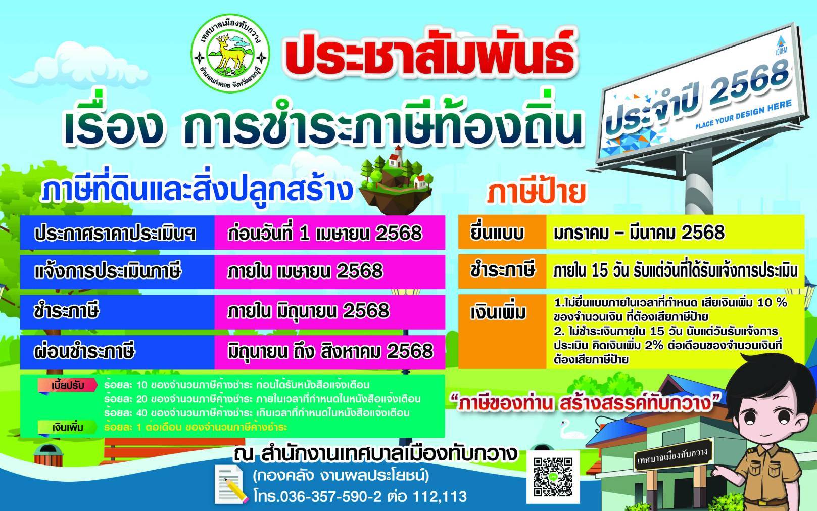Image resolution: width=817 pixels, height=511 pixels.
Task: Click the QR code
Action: (553, 477)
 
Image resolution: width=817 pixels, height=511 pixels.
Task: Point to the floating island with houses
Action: (396, 180)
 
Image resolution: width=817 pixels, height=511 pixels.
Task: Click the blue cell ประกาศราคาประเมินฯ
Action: (117, 233)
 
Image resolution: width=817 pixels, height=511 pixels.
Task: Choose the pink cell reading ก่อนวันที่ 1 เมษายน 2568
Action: (330, 233)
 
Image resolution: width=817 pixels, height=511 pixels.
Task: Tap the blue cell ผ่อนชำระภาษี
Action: (117, 352)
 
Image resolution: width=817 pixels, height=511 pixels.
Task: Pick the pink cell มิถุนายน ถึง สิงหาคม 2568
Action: (330, 352)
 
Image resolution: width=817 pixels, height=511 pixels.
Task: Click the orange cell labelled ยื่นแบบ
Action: (502, 232)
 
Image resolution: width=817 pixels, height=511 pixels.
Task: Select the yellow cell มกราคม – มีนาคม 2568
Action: (675, 232)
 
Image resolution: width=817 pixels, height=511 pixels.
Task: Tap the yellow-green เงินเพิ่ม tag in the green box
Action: (68, 427)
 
